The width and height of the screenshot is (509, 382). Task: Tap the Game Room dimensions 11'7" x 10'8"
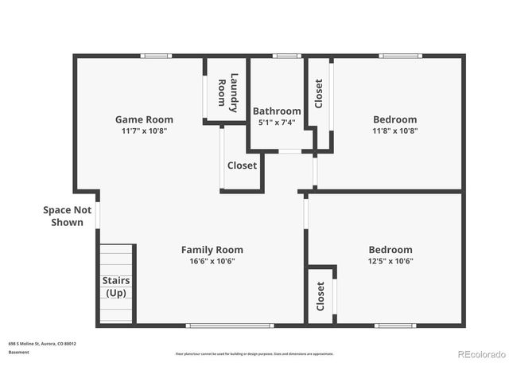(x=144, y=131)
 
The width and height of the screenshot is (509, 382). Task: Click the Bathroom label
(x=277, y=111)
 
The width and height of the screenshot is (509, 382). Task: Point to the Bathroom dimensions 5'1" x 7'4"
(x=277, y=123)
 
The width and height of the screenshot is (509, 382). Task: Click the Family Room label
(x=212, y=249)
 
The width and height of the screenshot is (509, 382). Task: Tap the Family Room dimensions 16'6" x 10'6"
(x=212, y=260)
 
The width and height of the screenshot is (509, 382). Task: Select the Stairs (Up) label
(x=116, y=286)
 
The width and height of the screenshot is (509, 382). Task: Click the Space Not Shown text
(x=68, y=216)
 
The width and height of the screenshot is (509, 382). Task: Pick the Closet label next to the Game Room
(x=242, y=166)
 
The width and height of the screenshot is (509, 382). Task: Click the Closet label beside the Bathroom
(x=319, y=93)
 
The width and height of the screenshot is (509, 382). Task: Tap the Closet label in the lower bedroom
(x=321, y=296)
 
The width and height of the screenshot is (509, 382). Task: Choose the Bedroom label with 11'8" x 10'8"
(x=394, y=119)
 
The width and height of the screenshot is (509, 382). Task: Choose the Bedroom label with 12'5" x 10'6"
(x=390, y=249)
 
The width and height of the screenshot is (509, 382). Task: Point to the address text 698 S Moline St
(x=42, y=343)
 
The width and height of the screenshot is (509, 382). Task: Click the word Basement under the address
(x=18, y=352)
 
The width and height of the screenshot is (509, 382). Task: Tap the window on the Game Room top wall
(x=156, y=56)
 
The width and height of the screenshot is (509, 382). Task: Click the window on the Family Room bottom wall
(x=230, y=325)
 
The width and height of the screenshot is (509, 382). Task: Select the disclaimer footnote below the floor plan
(x=254, y=353)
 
